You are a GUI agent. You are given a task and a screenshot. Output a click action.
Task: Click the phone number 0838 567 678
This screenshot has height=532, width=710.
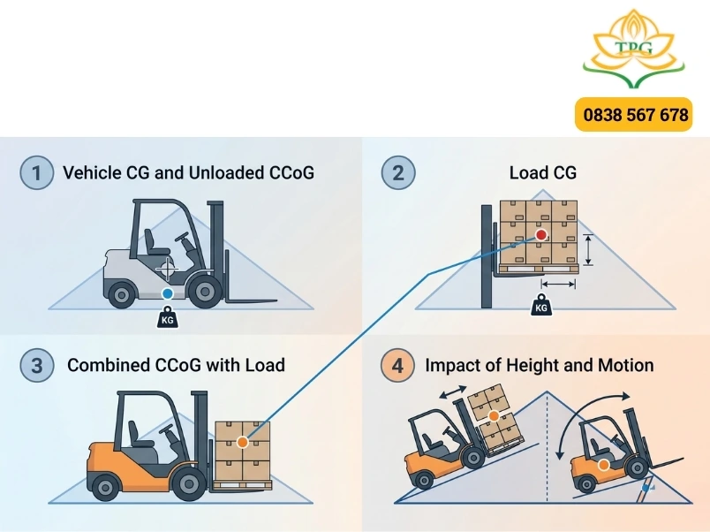coord(635,115)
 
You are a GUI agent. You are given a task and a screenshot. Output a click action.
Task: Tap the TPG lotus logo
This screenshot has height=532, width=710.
coord(634,49)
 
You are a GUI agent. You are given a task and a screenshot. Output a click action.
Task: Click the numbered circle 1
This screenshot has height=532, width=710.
coord(37,172)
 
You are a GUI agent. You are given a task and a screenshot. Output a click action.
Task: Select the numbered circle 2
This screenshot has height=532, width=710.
coord(398,172)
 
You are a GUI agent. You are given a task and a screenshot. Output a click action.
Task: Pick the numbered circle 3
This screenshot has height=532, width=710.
coord(37,365)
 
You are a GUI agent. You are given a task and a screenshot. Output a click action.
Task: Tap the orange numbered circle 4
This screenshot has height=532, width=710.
coord(397,365)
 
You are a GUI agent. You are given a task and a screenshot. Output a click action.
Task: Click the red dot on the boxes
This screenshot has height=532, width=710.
coord(541,235)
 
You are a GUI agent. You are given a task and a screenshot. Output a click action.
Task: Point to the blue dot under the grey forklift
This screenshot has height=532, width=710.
coord(168,293)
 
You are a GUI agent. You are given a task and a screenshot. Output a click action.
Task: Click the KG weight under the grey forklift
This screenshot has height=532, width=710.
coord(167,316)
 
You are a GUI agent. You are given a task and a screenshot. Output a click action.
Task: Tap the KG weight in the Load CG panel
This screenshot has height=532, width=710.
coord(541,304)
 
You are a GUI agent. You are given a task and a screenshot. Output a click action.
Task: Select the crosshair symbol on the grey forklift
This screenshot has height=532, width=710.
coord(167,270)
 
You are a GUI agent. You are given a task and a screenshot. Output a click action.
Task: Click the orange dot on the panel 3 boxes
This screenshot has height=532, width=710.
coord(243,442)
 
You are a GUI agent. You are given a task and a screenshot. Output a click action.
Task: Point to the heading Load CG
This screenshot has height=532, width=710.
coord(543,172)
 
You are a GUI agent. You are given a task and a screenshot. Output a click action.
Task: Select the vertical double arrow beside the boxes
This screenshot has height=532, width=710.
coord(588,250)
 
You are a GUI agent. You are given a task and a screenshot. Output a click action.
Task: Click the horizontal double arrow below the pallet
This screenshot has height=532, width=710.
coord(558,285)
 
